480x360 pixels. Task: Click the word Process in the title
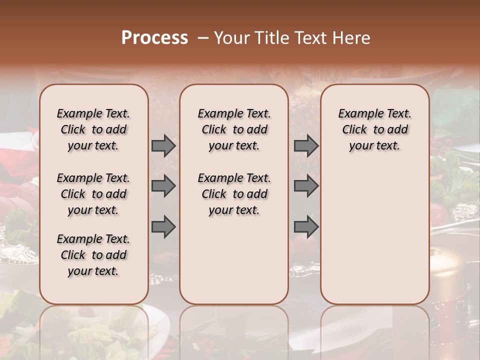(154, 37)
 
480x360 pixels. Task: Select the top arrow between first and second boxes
(163, 146)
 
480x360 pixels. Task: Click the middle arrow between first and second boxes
(163, 186)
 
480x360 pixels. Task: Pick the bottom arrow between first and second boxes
(163, 226)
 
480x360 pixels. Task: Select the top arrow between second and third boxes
(306, 146)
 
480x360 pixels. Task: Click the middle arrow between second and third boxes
(306, 186)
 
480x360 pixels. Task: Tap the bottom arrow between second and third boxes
(306, 226)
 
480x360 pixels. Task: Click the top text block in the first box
(93, 129)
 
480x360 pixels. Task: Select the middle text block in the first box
(93, 194)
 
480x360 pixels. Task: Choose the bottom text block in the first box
(93, 255)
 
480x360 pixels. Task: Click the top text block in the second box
(234, 129)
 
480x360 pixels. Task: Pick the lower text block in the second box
(234, 194)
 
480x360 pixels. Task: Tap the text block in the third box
(374, 129)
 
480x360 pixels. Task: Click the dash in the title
(202, 37)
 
